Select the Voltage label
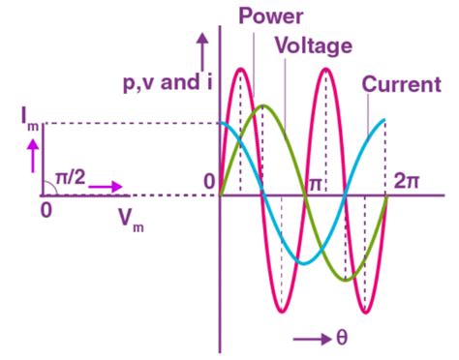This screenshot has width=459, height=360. [x=313, y=45]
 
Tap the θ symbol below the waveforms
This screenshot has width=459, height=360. [x=341, y=340]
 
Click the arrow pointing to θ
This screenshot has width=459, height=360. [x=310, y=340]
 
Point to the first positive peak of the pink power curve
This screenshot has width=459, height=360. [x=241, y=69]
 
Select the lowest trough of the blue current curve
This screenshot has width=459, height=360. [x=304, y=263]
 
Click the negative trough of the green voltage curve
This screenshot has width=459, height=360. [x=346, y=280]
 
